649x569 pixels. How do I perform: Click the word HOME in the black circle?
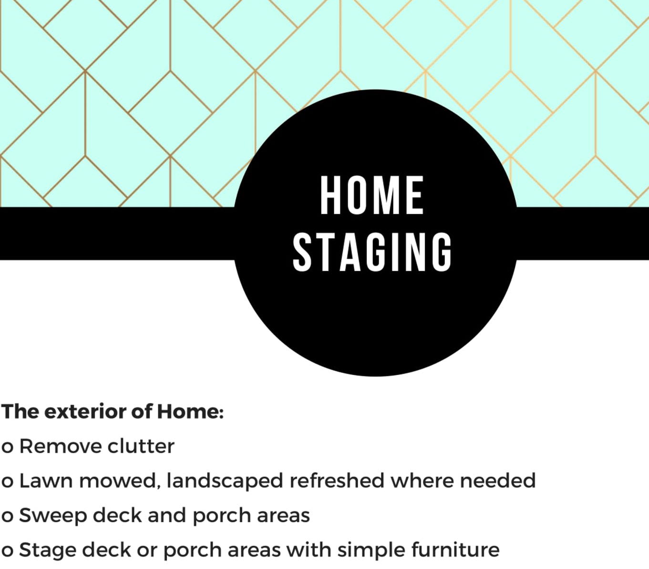372,195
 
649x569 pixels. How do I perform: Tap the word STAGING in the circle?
372,252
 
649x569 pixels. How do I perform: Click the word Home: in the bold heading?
190,411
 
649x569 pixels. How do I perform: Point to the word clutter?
141,446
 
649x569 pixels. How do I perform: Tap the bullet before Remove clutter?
7,447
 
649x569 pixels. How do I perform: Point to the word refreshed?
337,481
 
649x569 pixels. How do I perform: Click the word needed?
498,481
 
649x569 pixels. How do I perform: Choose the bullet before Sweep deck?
7,517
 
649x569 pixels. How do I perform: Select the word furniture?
455,550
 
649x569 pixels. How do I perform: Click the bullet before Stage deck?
7,551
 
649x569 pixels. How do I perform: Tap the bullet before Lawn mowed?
7,482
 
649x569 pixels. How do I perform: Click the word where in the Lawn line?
422,481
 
